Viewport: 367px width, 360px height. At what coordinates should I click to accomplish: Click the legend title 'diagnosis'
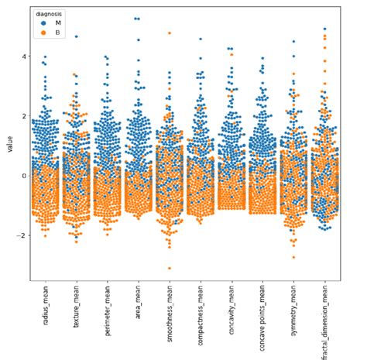pos(48,13)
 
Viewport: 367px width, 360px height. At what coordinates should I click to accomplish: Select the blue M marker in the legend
pos(39,23)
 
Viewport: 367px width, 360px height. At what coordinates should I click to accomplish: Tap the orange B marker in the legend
pos(39,33)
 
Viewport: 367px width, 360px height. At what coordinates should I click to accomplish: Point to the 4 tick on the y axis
pos(23,57)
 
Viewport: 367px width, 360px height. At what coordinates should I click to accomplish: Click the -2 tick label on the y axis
pos(22,235)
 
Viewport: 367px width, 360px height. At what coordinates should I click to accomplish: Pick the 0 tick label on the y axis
pos(23,176)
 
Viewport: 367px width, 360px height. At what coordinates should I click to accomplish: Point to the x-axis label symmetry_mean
pos(293,314)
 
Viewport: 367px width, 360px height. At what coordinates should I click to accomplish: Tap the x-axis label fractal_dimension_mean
pos(324,327)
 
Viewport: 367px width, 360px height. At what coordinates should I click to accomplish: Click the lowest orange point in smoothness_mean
pos(169,268)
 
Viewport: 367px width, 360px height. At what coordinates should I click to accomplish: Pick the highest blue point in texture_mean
pos(76,36)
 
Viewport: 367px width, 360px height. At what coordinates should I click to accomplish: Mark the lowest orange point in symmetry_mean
pos(293,257)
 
